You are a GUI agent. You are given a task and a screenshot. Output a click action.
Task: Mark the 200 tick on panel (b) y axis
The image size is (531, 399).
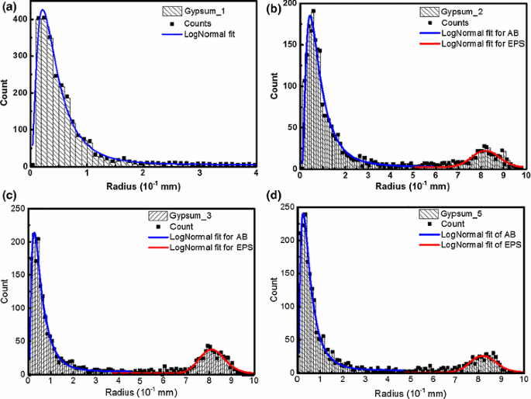tap(288, 4)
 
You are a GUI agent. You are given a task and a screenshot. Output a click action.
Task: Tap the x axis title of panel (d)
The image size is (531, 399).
tap(411, 392)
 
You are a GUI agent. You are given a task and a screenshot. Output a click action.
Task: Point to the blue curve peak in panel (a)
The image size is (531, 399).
tap(42, 11)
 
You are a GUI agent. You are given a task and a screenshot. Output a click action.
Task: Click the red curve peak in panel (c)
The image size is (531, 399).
tap(212, 350)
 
